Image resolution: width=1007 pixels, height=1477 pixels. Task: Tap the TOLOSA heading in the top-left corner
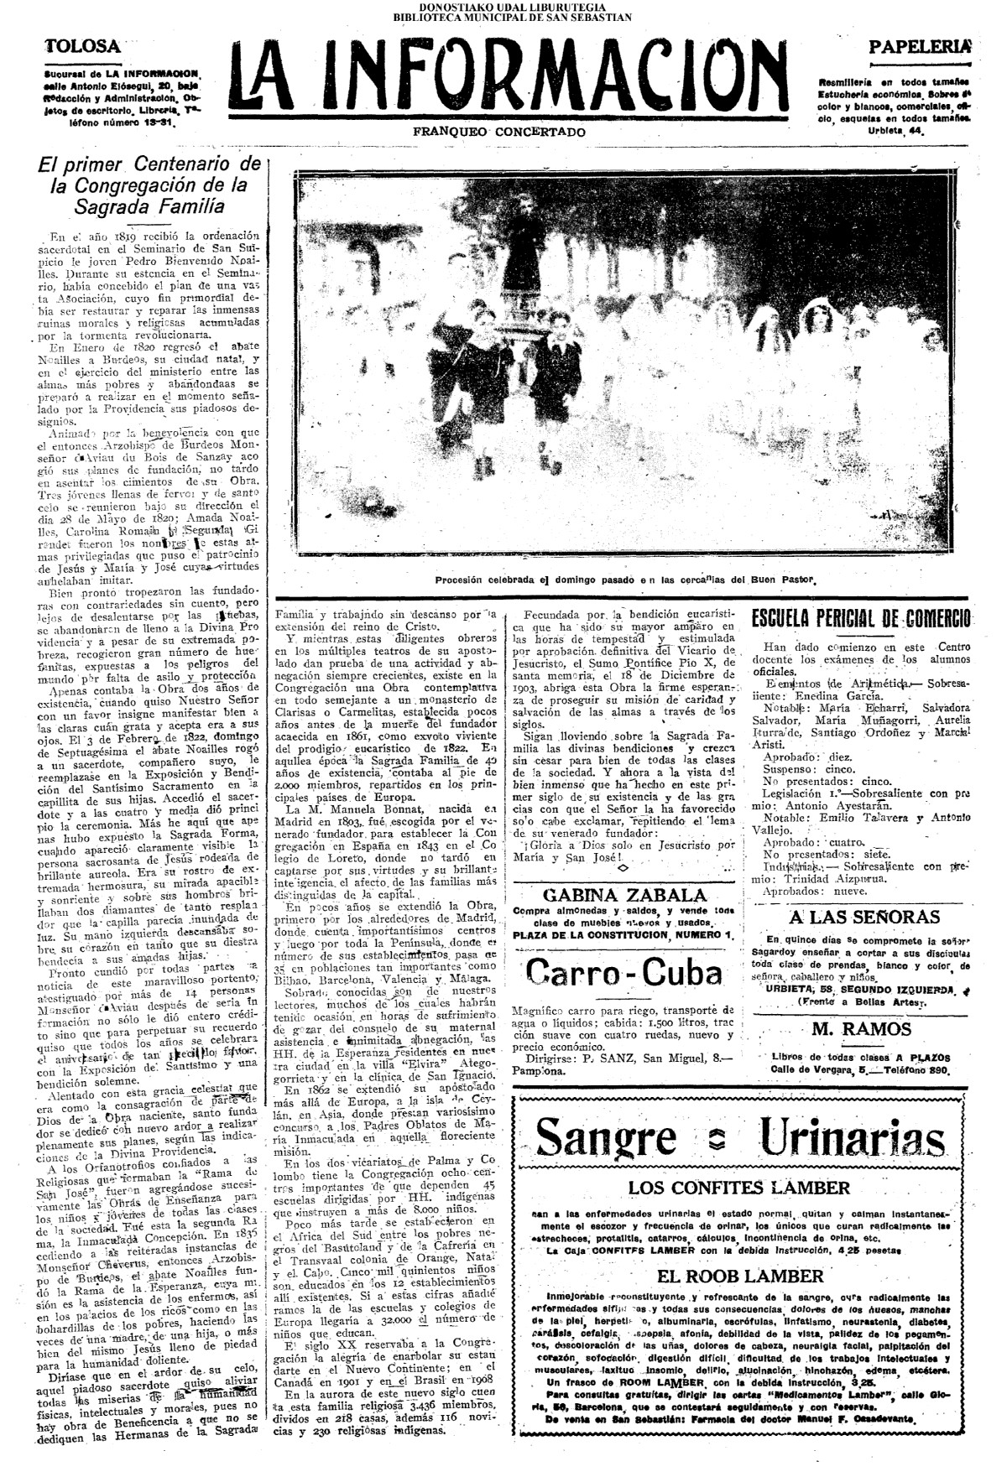tap(82, 45)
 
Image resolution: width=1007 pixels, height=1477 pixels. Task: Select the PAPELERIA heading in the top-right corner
tap(920, 47)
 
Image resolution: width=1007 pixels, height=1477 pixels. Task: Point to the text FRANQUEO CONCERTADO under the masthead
tap(499, 133)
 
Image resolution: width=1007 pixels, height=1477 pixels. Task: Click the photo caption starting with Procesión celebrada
tap(625, 580)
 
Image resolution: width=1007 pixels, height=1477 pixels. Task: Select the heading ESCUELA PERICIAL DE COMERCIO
tap(861, 619)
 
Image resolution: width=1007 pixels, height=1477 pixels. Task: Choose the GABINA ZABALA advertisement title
tap(624, 895)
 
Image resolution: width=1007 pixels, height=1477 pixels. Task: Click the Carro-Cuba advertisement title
tap(624, 972)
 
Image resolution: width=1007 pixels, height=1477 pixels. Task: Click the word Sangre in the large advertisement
tap(606, 1136)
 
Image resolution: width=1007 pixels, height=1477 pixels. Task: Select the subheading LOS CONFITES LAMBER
tap(739, 1188)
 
